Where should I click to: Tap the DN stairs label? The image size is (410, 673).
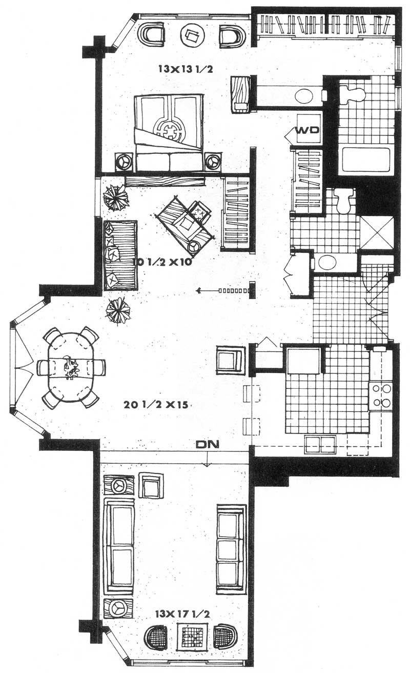coord(208,444)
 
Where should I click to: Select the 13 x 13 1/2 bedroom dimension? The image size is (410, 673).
coord(186,69)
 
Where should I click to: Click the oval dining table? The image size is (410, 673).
coord(71,367)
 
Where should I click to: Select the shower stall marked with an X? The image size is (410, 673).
coord(376,232)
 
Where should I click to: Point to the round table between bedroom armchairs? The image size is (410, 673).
coord(192,34)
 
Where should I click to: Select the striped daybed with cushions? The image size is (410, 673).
coord(120,255)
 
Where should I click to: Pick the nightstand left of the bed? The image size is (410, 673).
coord(124,162)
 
